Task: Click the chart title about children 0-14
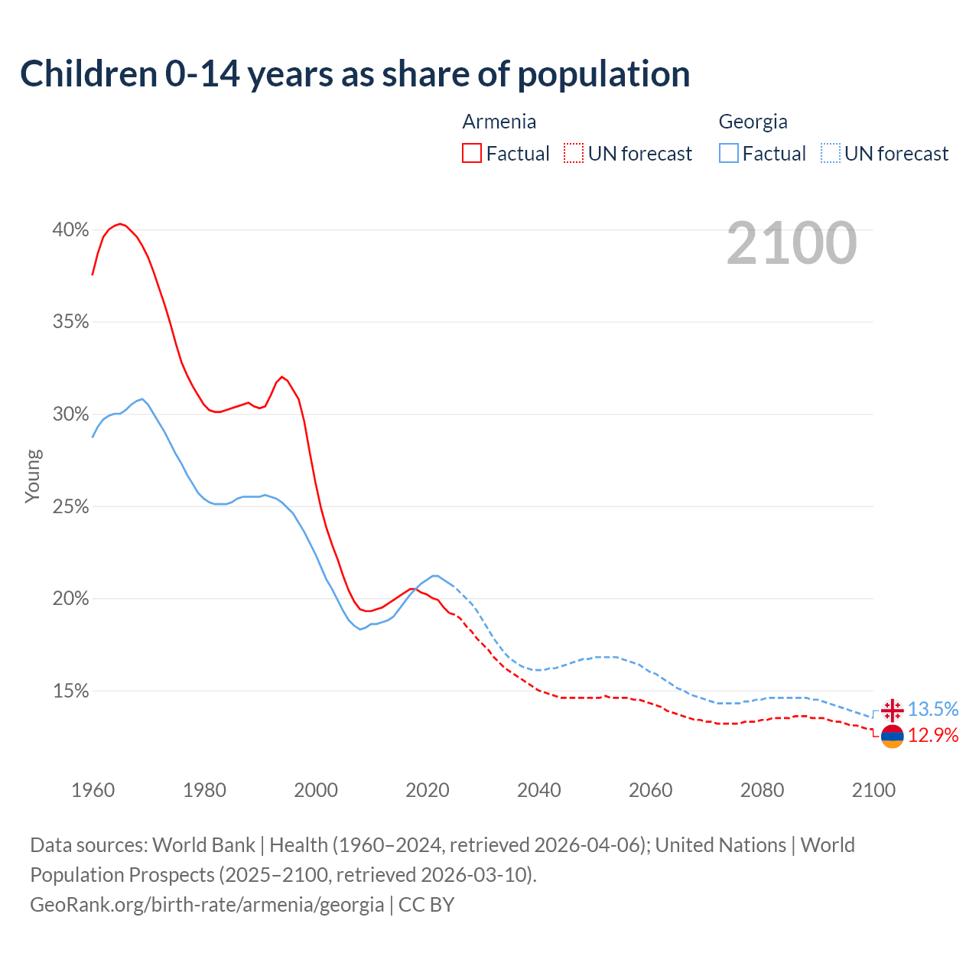coord(355,74)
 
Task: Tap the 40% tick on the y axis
coord(70,229)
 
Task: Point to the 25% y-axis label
coord(70,507)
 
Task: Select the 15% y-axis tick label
coord(70,691)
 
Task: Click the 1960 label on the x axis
coord(93,790)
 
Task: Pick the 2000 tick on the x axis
coord(316,790)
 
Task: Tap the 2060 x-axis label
coord(650,790)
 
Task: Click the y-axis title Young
coord(33,476)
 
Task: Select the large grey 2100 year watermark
coord(791,243)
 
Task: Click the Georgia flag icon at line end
coord(892,711)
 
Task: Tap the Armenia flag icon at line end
coord(892,736)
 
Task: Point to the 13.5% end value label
coord(933,710)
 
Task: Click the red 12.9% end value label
coord(933,736)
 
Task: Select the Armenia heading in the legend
coord(499,122)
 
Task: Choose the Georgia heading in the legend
coord(753,122)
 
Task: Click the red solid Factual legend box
coord(472,154)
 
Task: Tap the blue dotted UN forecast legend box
coord(831,154)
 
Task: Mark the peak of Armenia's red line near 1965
coord(120,223)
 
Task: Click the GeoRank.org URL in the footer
coord(207,905)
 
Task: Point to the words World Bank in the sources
coord(203,845)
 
